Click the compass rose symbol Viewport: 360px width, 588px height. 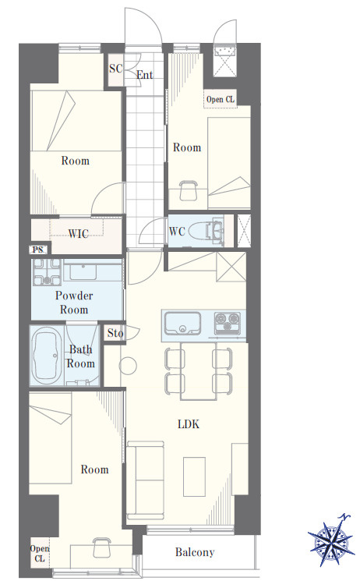(331, 540)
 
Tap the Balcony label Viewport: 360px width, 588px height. (195, 552)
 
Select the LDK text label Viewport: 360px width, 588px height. (189, 424)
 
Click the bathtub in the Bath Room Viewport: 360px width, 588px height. (47, 356)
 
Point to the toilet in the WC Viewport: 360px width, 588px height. (203, 231)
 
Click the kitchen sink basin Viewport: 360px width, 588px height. (182, 323)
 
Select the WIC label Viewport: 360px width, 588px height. (78, 234)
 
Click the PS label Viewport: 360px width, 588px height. (38, 250)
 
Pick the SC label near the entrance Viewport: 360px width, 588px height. (116, 69)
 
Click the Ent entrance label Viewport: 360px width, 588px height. (145, 75)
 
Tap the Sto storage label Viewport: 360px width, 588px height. (115, 333)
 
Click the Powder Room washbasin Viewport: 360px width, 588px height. (83, 271)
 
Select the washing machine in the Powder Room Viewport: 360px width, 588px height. (47, 272)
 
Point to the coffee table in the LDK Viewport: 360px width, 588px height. (194, 476)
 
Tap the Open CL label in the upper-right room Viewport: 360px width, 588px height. (221, 99)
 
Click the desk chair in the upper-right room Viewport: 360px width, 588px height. (188, 190)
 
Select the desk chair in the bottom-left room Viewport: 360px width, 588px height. (101, 547)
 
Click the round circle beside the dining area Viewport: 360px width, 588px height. (128, 366)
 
